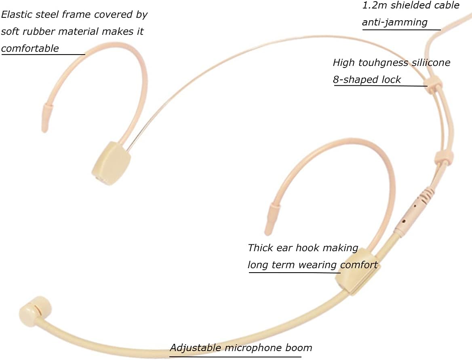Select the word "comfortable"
30,49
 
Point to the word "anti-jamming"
395,22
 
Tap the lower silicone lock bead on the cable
444,157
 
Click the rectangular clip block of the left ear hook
112,163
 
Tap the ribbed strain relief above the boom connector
427,195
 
